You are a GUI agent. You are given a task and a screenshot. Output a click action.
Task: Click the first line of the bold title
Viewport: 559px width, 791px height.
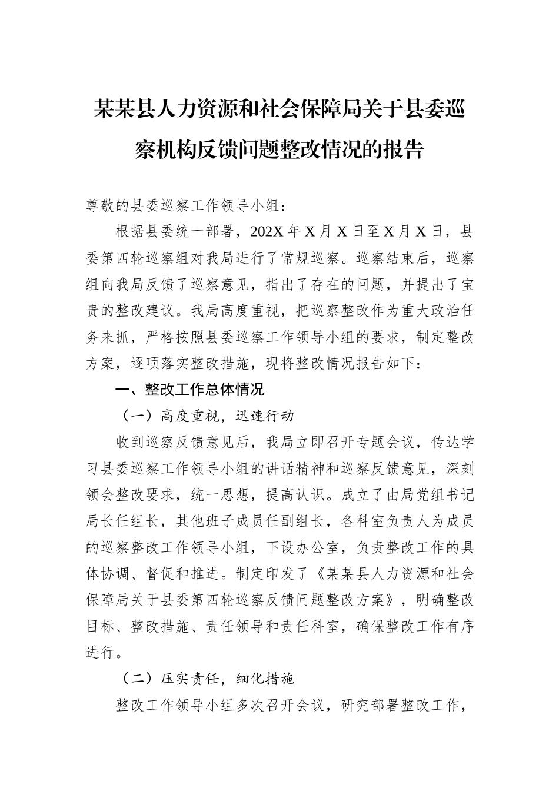click(279, 110)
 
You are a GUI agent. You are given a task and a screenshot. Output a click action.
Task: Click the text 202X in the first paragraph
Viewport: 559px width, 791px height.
click(266, 231)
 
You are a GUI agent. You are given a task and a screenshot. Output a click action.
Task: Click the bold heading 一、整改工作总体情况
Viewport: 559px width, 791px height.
click(189, 390)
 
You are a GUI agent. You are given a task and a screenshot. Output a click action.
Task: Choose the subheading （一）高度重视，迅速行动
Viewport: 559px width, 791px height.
click(207, 416)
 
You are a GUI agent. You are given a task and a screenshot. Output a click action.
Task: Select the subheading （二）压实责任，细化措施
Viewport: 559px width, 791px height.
click(207, 679)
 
